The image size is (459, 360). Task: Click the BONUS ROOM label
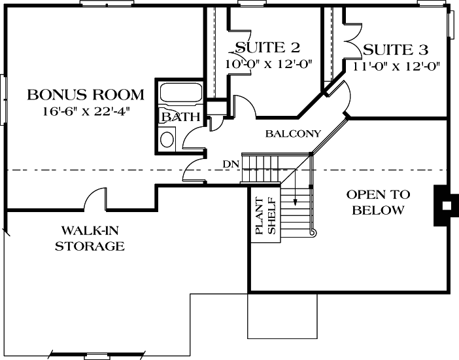point(86,95)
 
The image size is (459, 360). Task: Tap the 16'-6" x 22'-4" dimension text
point(86,111)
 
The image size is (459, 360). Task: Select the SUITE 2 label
point(267,48)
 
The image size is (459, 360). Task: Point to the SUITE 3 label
point(396,50)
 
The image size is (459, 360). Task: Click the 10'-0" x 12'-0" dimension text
point(268,64)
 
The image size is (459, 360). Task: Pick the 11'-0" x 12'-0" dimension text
point(396,65)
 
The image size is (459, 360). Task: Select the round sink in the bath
point(168,139)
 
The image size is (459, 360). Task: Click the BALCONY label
point(294,134)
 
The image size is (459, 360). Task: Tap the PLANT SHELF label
point(265,217)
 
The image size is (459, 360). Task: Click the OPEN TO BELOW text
point(378,202)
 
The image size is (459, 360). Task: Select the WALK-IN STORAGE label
point(90,238)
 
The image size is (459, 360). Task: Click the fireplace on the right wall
point(444,206)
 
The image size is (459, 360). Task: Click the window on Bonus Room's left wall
point(3,98)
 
